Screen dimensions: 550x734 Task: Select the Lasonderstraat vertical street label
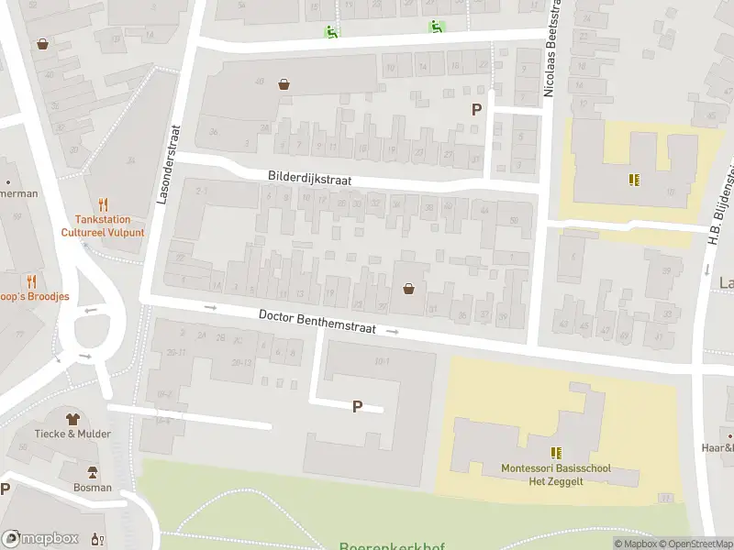[166, 165]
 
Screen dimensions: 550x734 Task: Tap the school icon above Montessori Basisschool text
[556, 453]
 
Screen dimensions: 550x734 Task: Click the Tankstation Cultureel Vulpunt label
[104, 225]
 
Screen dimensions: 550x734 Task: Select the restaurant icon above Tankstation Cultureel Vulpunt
[103, 204]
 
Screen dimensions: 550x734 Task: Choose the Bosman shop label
[93, 488]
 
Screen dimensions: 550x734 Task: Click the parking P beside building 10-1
[357, 406]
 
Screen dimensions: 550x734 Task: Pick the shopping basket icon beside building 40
[284, 84]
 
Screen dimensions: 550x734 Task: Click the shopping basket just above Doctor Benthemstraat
[408, 289]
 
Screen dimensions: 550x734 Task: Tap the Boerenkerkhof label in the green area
[392, 546]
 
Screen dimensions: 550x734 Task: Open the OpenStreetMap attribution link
[693, 544]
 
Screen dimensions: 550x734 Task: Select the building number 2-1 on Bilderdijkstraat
[203, 191]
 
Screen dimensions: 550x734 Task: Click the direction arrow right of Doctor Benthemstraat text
[394, 331]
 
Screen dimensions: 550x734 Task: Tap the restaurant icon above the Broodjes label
[31, 280]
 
